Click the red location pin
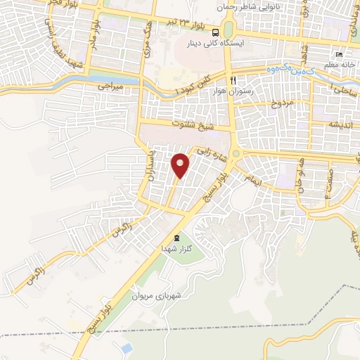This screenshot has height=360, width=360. click(x=181, y=165)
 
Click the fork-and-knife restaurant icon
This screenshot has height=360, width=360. click(x=233, y=80)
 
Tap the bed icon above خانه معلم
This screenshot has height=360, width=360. click(x=339, y=56)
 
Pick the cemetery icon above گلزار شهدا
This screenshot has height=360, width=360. click(x=176, y=238)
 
